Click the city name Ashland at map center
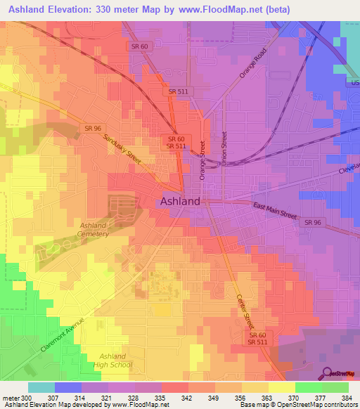point(180,201)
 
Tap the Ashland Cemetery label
point(93,230)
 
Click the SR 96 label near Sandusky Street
point(92,128)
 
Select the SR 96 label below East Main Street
point(313,222)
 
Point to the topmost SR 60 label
point(139,46)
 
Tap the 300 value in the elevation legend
point(26,398)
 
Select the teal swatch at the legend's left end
point(41,387)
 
